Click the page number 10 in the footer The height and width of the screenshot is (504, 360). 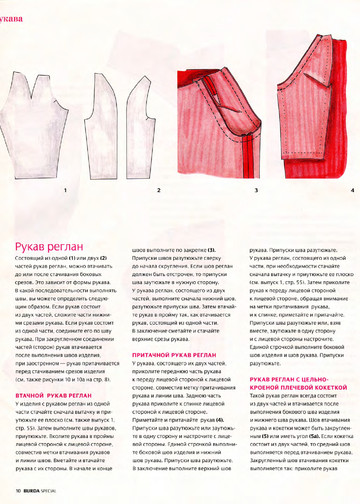pyautogui.click(x=19, y=492)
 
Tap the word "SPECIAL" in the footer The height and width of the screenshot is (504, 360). pyautogui.click(x=59, y=492)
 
